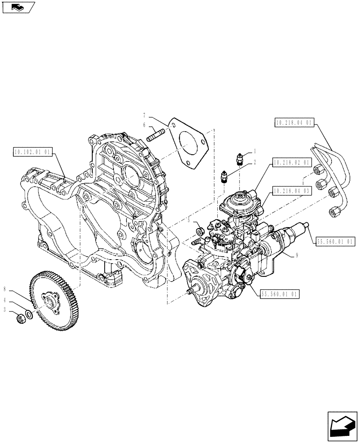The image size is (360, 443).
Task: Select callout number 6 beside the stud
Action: pyautogui.click(x=144, y=126)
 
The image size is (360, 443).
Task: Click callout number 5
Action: pyautogui.click(x=188, y=220)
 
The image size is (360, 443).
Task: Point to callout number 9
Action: pyautogui.click(x=296, y=255)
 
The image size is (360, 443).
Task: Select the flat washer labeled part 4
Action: pyautogui.click(x=29, y=315)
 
